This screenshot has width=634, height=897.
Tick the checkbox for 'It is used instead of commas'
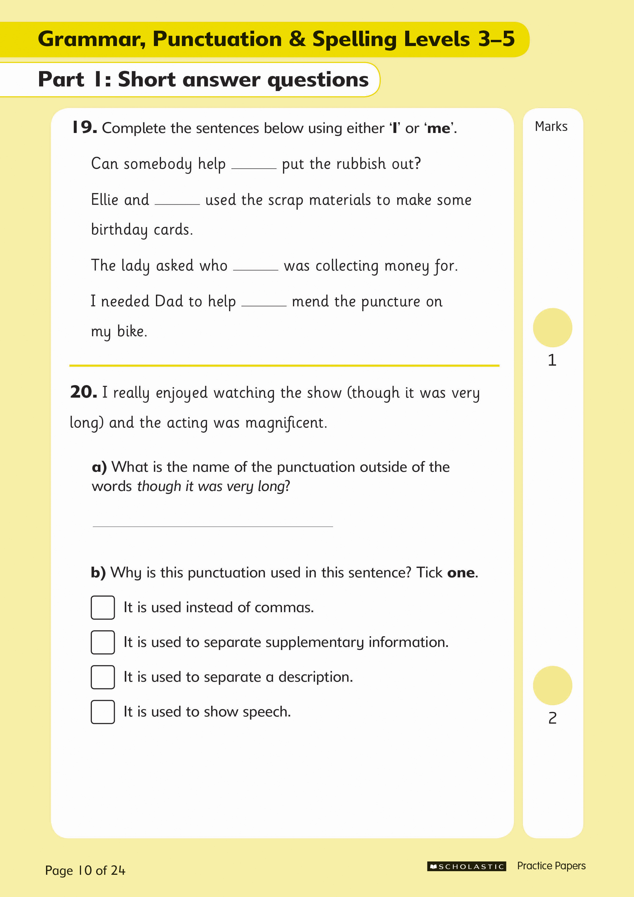(103, 608)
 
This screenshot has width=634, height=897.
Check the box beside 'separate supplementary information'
(103, 642)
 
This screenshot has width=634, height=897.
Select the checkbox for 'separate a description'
(103, 677)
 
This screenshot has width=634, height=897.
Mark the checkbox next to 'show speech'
(103, 712)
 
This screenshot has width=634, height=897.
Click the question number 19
(84, 127)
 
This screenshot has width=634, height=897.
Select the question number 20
(83, 392)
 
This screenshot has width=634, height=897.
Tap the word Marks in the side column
(551, 127)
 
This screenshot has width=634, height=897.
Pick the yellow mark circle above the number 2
(552, 686)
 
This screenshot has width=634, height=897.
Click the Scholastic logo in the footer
(466, 867)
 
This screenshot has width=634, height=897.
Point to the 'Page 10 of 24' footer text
(85, 870)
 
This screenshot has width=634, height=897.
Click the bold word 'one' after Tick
(461, 573)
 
